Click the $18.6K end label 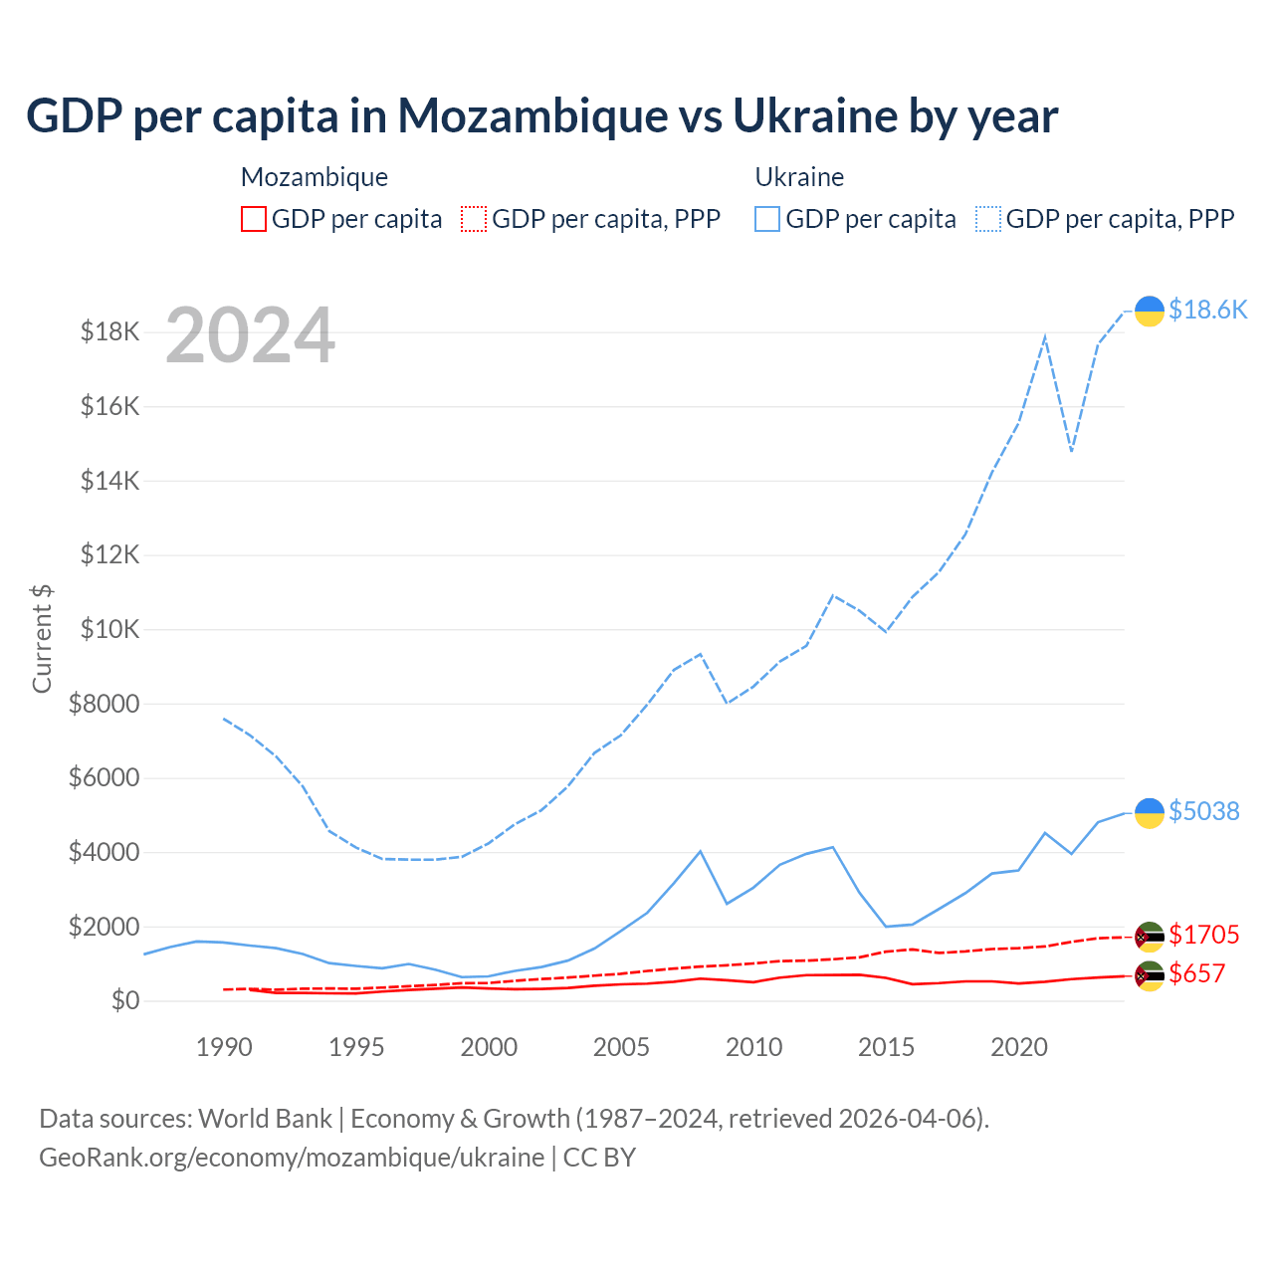(1207, 310)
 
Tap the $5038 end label (1204, 811)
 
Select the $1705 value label (1204, 935)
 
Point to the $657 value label (1197, 973)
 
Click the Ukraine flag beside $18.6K (1150, 311)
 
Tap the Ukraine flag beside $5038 (1150, 812)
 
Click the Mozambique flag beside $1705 (1150, 936)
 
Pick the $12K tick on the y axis (109, 554)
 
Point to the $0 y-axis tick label (124, 1000)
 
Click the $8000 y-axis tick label (104, 704)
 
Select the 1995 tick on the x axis (356, 1047)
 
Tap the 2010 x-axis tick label (753, 1047)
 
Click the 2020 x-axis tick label (1019, 1047)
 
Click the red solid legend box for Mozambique (254, 219)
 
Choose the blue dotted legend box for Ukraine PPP (988, 219)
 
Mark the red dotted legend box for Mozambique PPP (474, 219)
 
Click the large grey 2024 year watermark (250, 336)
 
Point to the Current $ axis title (42, 638)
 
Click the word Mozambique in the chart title (532, 115)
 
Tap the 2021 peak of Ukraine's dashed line (1045, 336)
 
